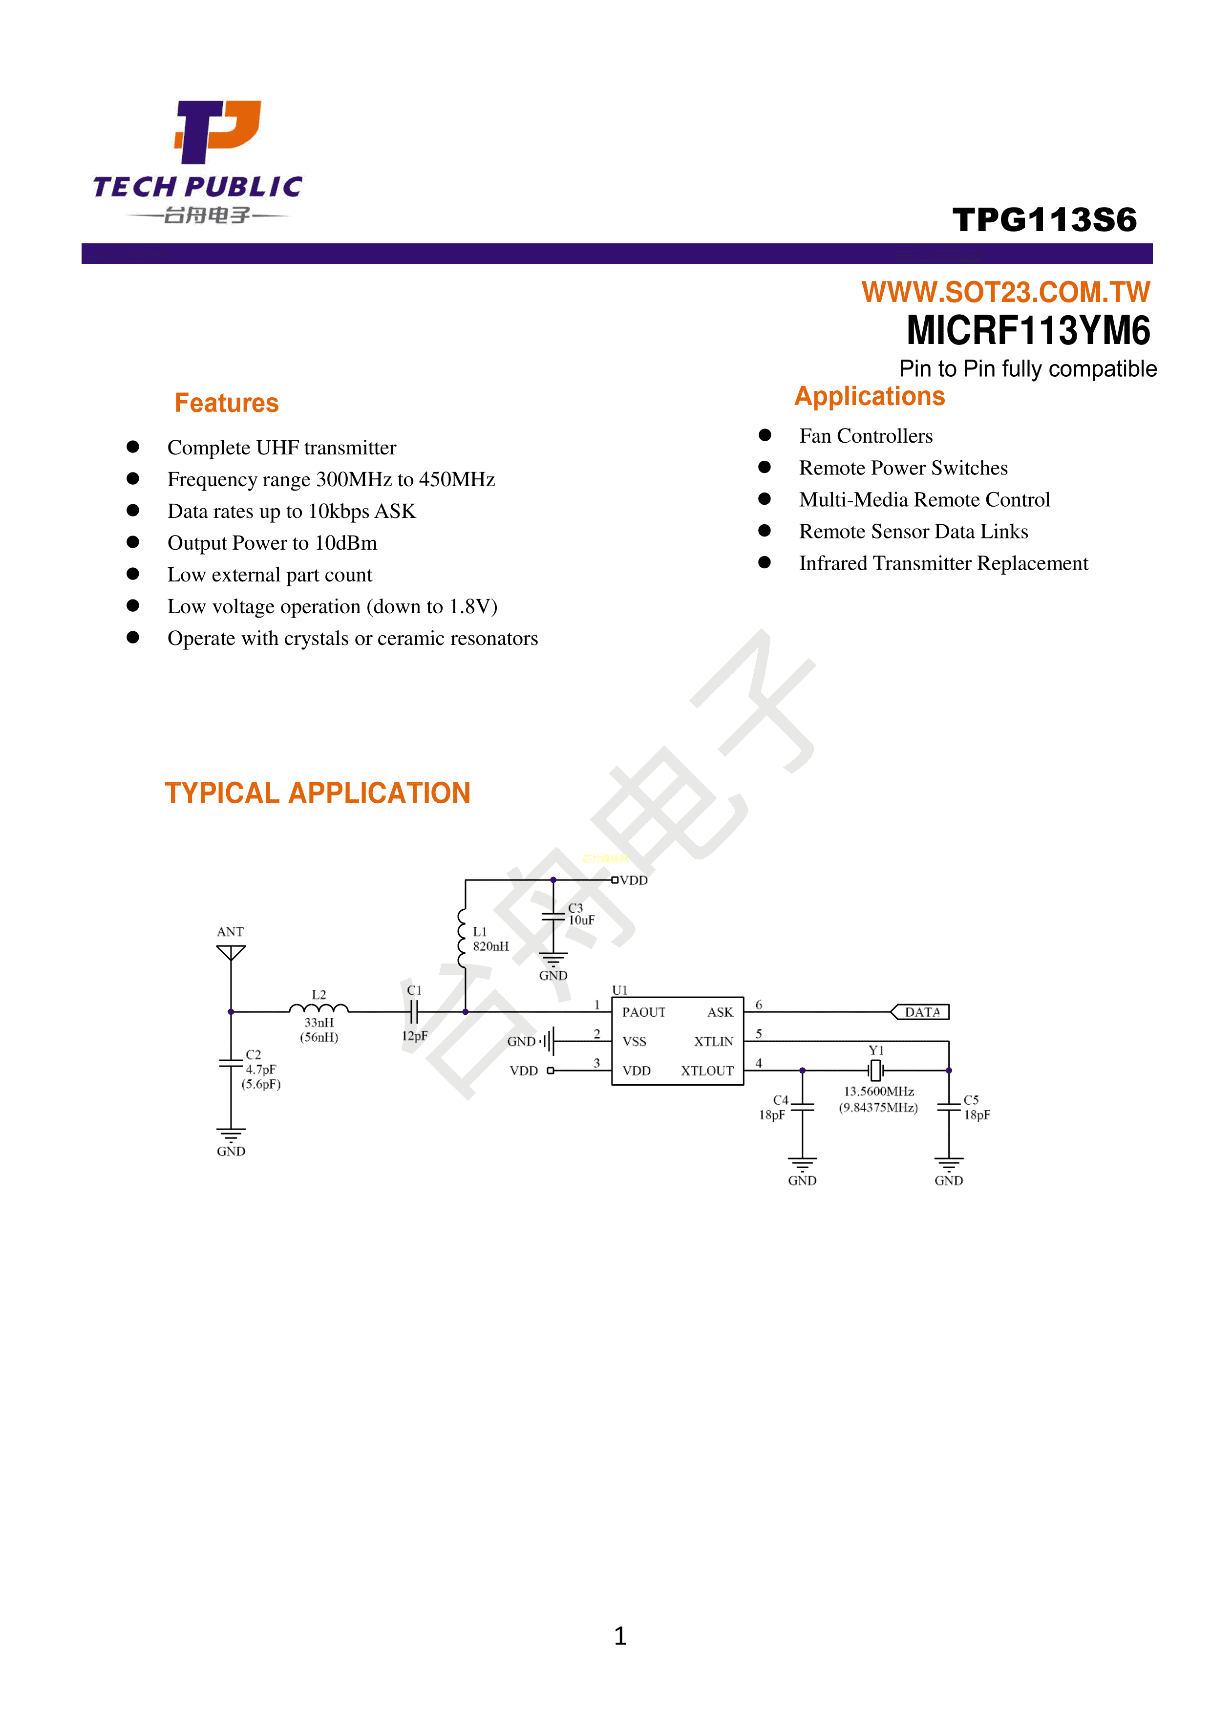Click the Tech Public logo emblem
pyautogui.click(x=216, y=131)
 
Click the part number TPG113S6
pyautogui.click(x=1044, y=219)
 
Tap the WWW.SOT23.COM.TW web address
pyautogui.click(x=1005, y=292)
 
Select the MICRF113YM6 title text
pyautogui.click(x=1028, y=331)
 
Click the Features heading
pyautogui.click(x=226, y=403)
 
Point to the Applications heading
pyautogui.click(x=870, y=396)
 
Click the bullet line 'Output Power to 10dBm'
pyautogui.click(x=272, y=543)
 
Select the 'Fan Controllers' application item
pyautogui.click(x=865, y=436)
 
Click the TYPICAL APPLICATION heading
pyautogui.click(x=317, y=793)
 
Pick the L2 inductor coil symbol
pyautogui.click(x=319, y=1008)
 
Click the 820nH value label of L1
pyautogui.click(x=490, y=946)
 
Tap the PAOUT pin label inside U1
pyautogui.click(x=643, y=1012)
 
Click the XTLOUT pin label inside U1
pyautogui.click(x=706, y=1071)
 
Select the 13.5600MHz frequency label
pyautogui.click(x=878, y=1092)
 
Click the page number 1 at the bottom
pyautogui.click(x=619, y=1636)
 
